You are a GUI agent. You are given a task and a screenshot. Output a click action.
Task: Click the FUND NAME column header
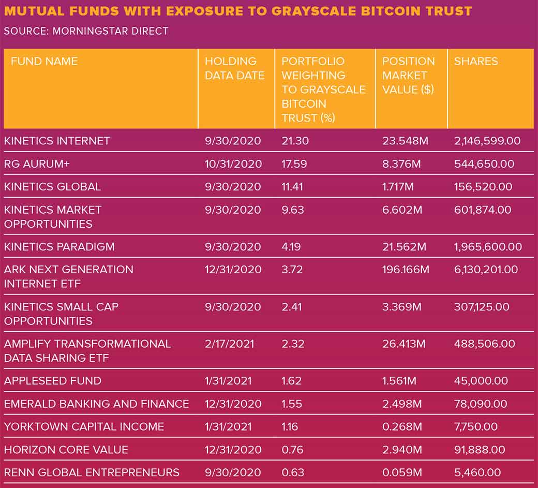tap(44, 62)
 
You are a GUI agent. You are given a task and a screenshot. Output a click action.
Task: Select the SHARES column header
tap(476, 62)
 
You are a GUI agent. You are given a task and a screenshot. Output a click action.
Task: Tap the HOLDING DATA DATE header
tap(234, 68)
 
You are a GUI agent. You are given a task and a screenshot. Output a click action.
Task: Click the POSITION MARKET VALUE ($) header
tap(408, 76)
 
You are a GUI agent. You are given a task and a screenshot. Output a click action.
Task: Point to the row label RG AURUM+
tap(38, 164)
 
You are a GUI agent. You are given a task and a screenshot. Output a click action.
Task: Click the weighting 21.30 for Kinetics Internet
tap(294, 141)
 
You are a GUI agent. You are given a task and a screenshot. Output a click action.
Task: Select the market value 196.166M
tap(406, 270)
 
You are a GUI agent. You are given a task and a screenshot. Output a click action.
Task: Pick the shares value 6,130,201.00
tap(486, 270)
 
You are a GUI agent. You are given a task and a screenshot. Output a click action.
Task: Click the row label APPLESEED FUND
tap(53, 381)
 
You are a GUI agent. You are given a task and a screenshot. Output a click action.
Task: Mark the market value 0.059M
tap(402, 472)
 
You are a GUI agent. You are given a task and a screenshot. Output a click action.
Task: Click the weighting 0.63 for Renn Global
tap(293, 472)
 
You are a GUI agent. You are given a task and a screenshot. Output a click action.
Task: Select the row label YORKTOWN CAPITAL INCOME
tap(84, 427)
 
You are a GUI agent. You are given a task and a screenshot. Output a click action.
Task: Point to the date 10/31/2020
tap(233, 164)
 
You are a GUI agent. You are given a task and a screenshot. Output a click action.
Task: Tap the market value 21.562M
tap(404, 247)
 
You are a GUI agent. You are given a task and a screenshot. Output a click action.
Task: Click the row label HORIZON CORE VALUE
tap(66, 450)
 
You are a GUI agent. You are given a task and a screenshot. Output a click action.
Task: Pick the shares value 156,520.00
tap(483, 187)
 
